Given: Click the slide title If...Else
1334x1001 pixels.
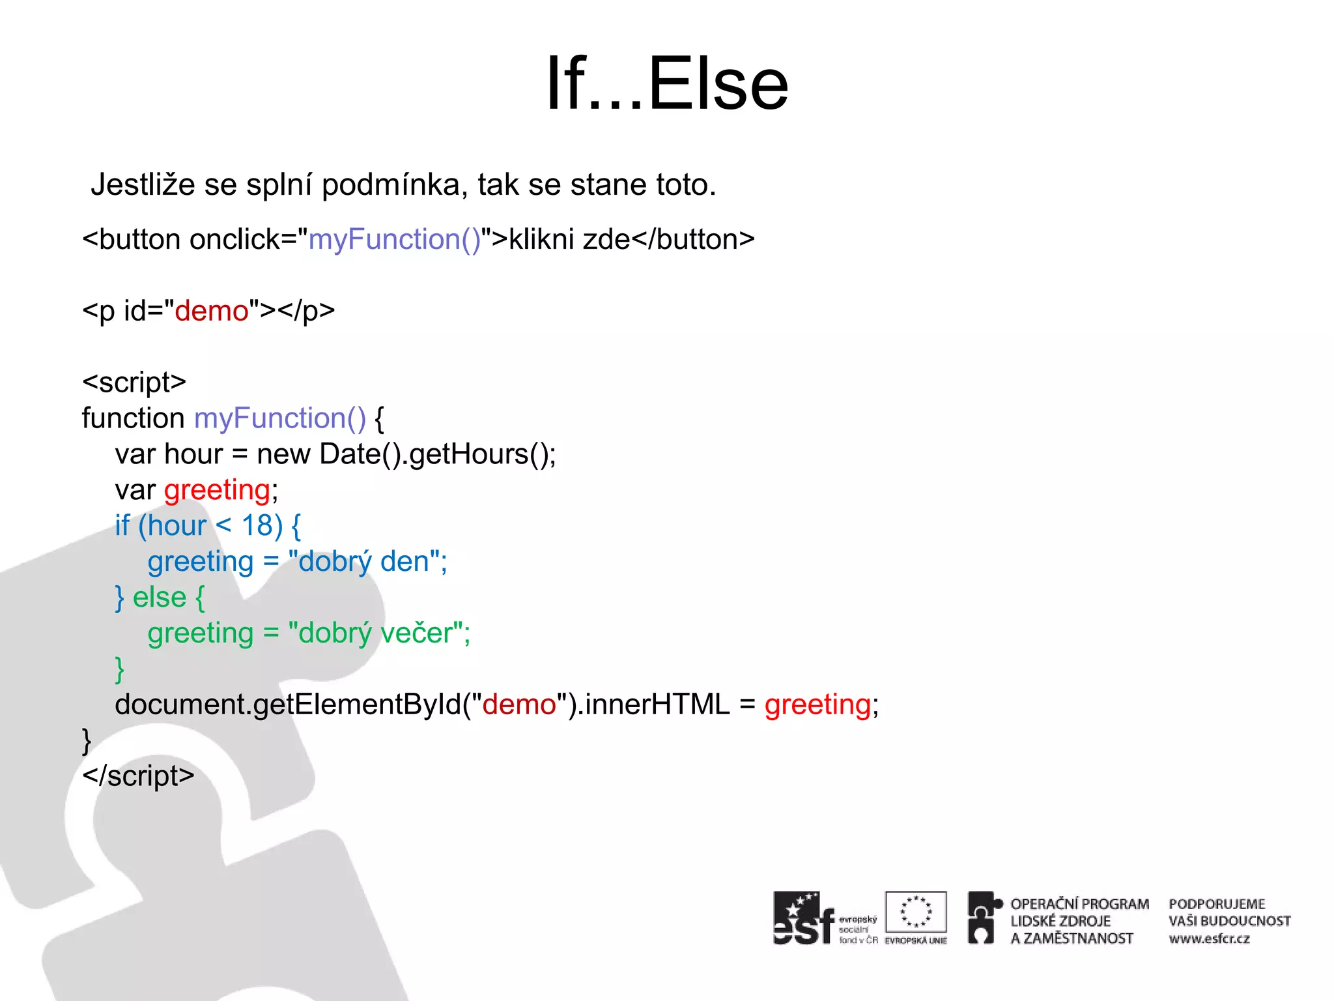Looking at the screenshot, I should pyautogui.click(x=667, y=83).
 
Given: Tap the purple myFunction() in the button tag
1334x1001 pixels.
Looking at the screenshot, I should pyautogui.click(x=394, y=240).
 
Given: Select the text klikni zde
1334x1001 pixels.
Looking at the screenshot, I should pyautogui.click(x=569, y=240).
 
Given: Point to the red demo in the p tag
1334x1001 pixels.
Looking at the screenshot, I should pyautogui.click(x=212, y=312).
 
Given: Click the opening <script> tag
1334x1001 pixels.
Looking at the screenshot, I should pyautogui.click(x=134, y=383).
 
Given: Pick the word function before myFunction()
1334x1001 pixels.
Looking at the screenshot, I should pyautogui.click(x=133, y=418).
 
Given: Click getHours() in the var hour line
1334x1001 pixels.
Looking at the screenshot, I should pyautogui.click(x=481, y=454).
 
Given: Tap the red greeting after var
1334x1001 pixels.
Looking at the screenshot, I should pyautogui.click(x=217, y=490).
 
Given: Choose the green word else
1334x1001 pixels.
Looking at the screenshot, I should pyautogui.click(x=160, y=598).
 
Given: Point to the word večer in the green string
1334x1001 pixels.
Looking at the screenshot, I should pyautogui.click(x=416, y=633).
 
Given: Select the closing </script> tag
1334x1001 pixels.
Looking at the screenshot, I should pyautogui.click(x=138, y=776).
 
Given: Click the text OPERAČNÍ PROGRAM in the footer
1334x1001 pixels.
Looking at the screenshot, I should pyautogui.click(x=1079, y=905).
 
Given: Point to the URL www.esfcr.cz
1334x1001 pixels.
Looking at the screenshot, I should pyautogui.click(x=1209, y=939).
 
